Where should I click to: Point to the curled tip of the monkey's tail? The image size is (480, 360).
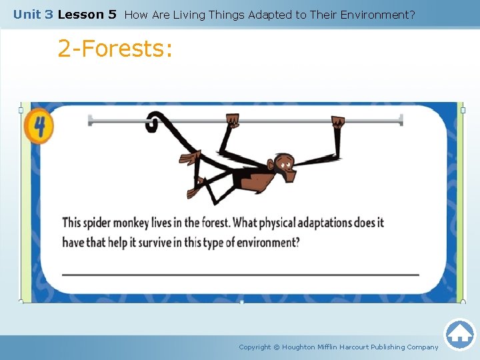coord(153,122)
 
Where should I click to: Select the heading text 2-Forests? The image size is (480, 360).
coord(115,49)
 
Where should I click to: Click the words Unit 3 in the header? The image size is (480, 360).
coord(33,14)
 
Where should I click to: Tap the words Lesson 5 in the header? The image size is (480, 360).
coord(87,14)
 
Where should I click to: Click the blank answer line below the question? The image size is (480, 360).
coord(240,274)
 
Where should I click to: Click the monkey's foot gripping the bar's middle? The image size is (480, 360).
coord(233,121)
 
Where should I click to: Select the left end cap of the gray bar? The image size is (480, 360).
coord(90,120)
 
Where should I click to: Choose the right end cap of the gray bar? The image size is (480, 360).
coord(401,120)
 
